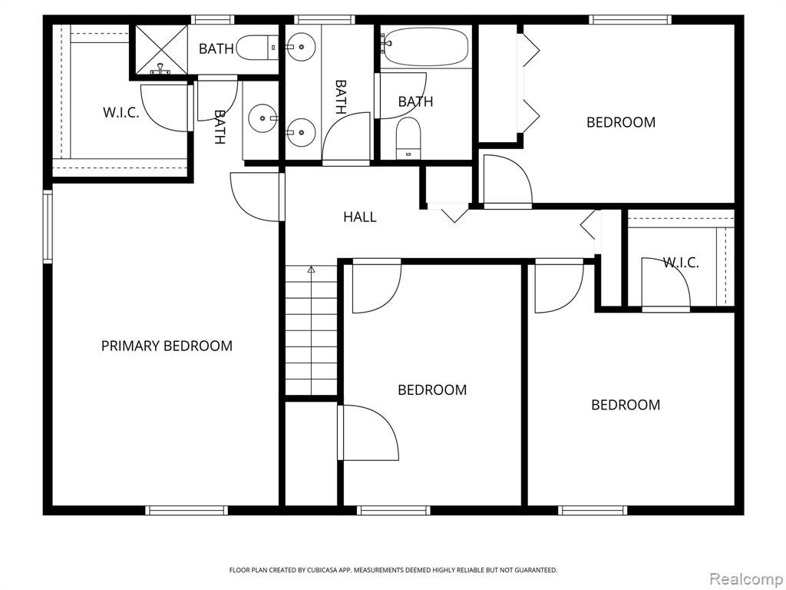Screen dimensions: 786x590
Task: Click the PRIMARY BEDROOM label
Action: coord(167,346)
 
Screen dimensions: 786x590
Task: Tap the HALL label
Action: coord(360,217)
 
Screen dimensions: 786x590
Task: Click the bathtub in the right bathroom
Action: coord(425,47)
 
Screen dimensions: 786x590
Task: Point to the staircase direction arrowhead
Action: coord(311,270)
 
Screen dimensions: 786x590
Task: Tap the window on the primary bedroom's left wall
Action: coord(48,227)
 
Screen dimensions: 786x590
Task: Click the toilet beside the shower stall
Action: coord(256,48)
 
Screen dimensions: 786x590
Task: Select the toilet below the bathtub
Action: coord(408,138)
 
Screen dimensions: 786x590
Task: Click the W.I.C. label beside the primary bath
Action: coord(121,112)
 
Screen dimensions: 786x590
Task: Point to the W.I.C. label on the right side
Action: coord(681,262)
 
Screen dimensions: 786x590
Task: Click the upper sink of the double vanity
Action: coord(301,47)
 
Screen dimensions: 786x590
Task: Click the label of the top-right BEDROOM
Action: coord(621,122)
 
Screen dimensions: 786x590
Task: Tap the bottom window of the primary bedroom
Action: coord(187,510)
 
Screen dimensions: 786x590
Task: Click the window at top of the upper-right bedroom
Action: coord(629,19)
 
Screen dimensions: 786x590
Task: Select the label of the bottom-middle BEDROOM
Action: coord(432,389)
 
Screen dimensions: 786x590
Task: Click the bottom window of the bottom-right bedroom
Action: coord(593,510)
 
